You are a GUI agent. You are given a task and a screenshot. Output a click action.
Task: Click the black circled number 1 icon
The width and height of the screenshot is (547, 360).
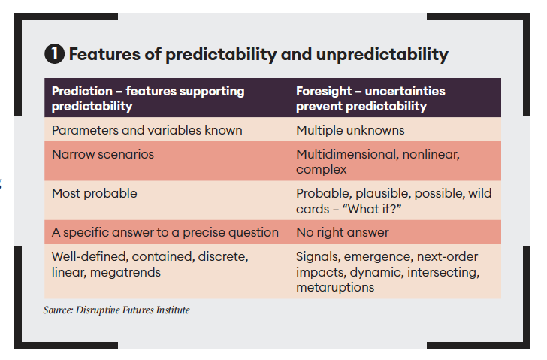click(54, 53)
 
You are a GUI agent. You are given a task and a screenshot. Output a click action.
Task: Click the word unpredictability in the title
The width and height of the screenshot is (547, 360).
click(382, 54)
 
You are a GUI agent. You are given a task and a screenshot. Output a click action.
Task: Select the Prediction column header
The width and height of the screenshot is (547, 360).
click(166, 98)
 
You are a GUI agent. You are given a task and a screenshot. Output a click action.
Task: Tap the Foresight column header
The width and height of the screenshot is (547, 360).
click(395, 98)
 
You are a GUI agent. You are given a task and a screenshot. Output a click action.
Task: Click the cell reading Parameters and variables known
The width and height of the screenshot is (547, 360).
click(166, 130)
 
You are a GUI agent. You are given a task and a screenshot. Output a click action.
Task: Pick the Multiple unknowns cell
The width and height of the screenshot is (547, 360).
click(395, 130)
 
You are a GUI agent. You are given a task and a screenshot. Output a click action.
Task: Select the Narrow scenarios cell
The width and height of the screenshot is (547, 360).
click(166, 161)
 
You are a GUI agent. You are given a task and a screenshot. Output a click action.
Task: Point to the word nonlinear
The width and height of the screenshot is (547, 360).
click(431, 154)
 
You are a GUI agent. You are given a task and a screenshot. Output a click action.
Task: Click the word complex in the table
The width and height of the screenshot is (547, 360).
click(322, 170)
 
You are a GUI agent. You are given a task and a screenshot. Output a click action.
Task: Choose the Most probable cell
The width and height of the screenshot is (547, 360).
click(166, 200)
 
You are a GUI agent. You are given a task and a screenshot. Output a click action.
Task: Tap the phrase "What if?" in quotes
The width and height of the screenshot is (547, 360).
click(372, 209)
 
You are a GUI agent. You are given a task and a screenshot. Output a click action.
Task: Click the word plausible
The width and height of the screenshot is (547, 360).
click(383, 194)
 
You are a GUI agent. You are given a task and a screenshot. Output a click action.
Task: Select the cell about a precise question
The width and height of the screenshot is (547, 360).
click(166, 232)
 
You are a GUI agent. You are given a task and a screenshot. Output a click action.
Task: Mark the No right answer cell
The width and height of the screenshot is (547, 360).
click(395, 232)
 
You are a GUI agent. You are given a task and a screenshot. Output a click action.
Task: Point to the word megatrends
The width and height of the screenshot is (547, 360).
click(125, 272)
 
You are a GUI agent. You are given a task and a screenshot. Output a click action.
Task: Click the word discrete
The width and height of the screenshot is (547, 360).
click(223, 257)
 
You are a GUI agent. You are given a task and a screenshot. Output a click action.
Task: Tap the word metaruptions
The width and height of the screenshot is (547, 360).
click(335, 287)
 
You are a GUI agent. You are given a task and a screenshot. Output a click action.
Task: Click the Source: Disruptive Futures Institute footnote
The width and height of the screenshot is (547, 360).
click(116, 310)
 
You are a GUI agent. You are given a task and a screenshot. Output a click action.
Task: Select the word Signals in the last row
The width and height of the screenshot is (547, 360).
click(318, 257)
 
